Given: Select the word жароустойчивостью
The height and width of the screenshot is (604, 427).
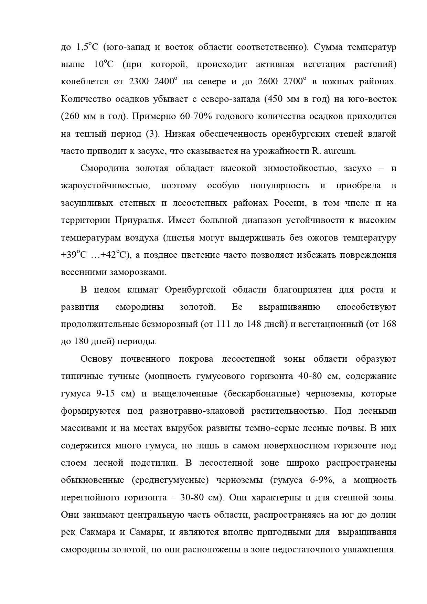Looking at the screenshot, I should coord(106,186).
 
